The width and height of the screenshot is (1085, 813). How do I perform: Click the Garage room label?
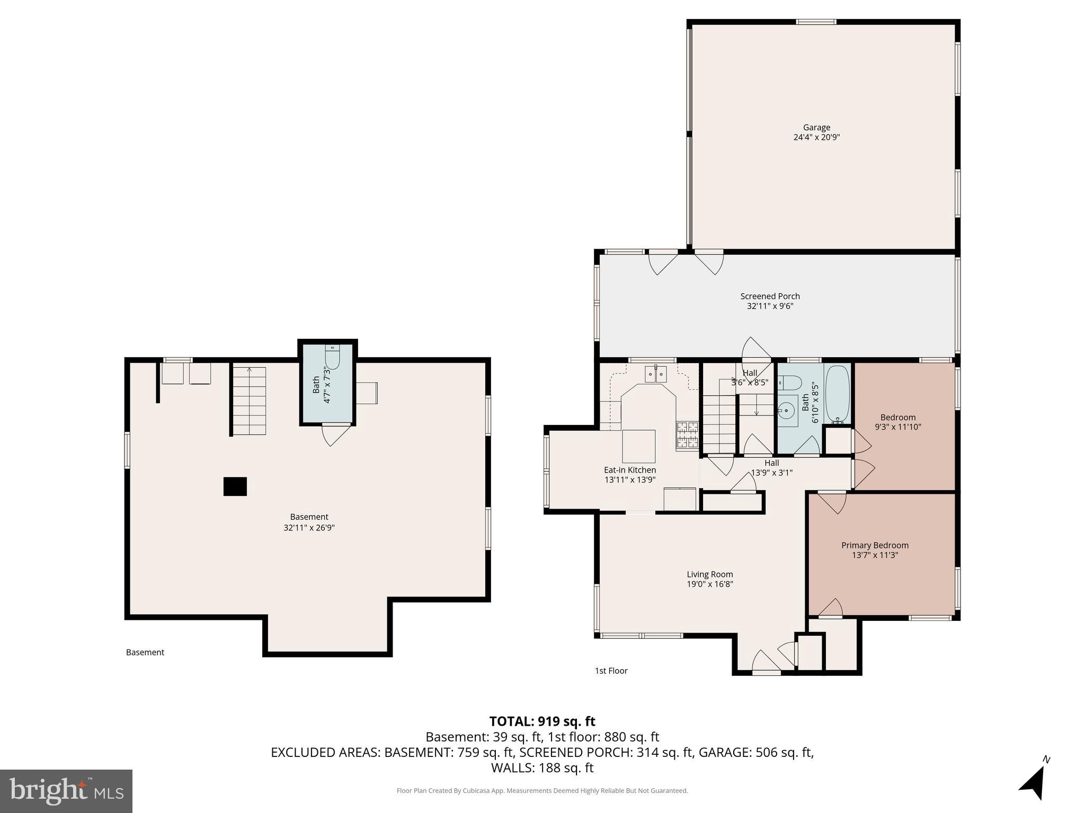point(816,128)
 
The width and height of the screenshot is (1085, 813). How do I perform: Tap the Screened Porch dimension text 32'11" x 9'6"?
point(770,306)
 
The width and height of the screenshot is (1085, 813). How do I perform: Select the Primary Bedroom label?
point(875,545)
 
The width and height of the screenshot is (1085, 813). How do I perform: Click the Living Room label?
point(709,574)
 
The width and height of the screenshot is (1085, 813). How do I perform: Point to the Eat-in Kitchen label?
point(630,470)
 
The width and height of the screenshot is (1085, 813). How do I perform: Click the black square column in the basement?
point(235,486)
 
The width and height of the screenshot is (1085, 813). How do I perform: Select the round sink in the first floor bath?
point(788,410)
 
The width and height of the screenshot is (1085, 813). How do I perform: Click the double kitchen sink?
point(656,374)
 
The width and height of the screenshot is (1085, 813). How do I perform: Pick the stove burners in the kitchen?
point(688,435)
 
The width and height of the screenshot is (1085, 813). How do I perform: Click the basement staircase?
point(249,401)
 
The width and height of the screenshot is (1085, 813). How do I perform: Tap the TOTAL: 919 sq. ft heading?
point(542,721)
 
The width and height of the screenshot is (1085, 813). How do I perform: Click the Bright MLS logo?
point(66,791)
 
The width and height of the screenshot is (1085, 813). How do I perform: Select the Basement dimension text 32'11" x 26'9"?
point(309,528)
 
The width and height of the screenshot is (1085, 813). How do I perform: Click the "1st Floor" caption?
point(611,671)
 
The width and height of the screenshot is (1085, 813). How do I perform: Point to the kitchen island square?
point(638,446)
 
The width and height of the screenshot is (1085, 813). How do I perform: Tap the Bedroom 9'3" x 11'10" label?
point(897,422)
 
